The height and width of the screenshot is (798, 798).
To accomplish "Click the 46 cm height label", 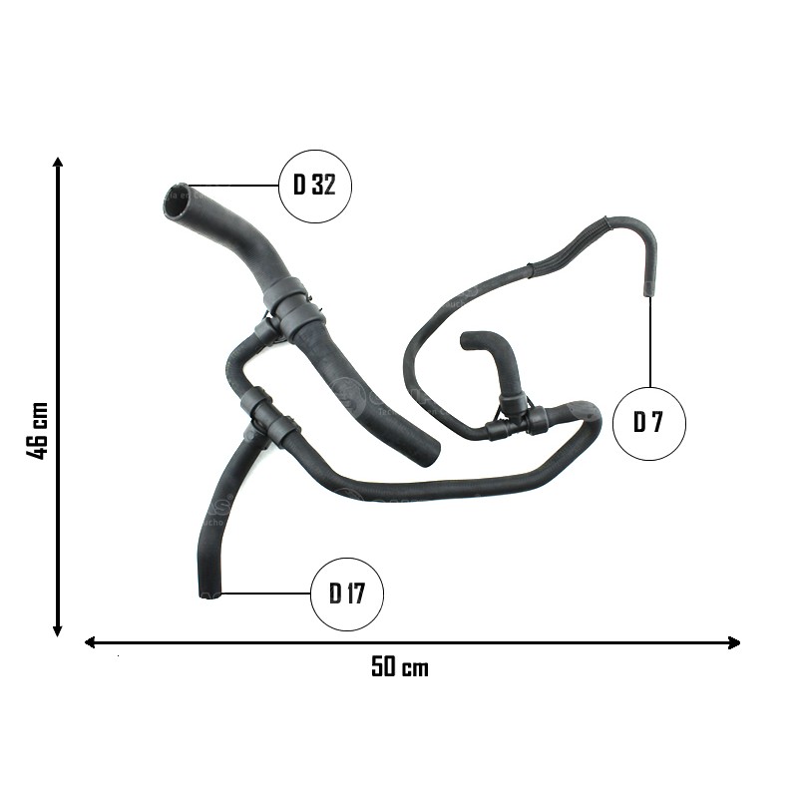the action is coord(37,430).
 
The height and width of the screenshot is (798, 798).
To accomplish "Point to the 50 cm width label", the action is coord(400,666).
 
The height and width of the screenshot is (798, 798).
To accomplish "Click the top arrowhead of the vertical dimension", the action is coord(58,163).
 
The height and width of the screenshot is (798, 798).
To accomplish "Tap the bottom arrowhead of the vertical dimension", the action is coord(58,631).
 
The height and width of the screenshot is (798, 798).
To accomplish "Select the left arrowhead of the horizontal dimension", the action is coord(90,642).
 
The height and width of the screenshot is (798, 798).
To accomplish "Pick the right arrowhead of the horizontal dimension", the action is coord(734,642).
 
